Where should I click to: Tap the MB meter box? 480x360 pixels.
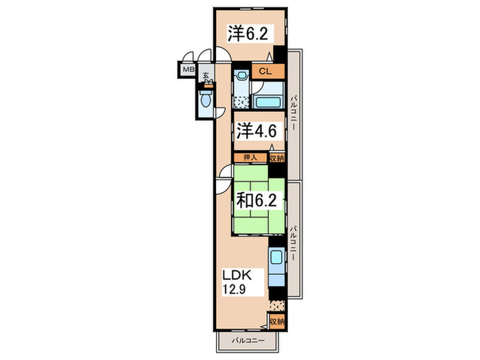point(187,69)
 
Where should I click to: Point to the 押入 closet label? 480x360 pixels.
point(250,158)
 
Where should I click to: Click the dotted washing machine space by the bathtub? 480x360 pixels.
point(241,101)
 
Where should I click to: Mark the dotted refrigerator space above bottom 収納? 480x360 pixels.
point(276,306)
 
